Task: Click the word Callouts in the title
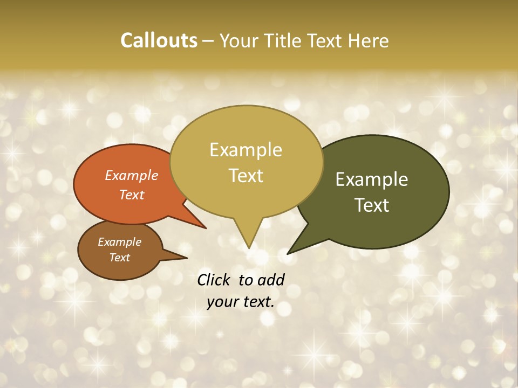[x=159, y=40]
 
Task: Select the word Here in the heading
[x=369, y=40]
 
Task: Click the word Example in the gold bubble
[x=246, y=150]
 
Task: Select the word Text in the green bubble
[x=372, y=205]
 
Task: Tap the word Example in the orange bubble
[x=132, y=175]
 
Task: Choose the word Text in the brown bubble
[x=120, y=258]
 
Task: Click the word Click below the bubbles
[x=214, y=280]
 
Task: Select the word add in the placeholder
[x=271, y=280]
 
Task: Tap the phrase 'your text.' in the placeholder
[x=241, y=302]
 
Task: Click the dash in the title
[x=208, y=41]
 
